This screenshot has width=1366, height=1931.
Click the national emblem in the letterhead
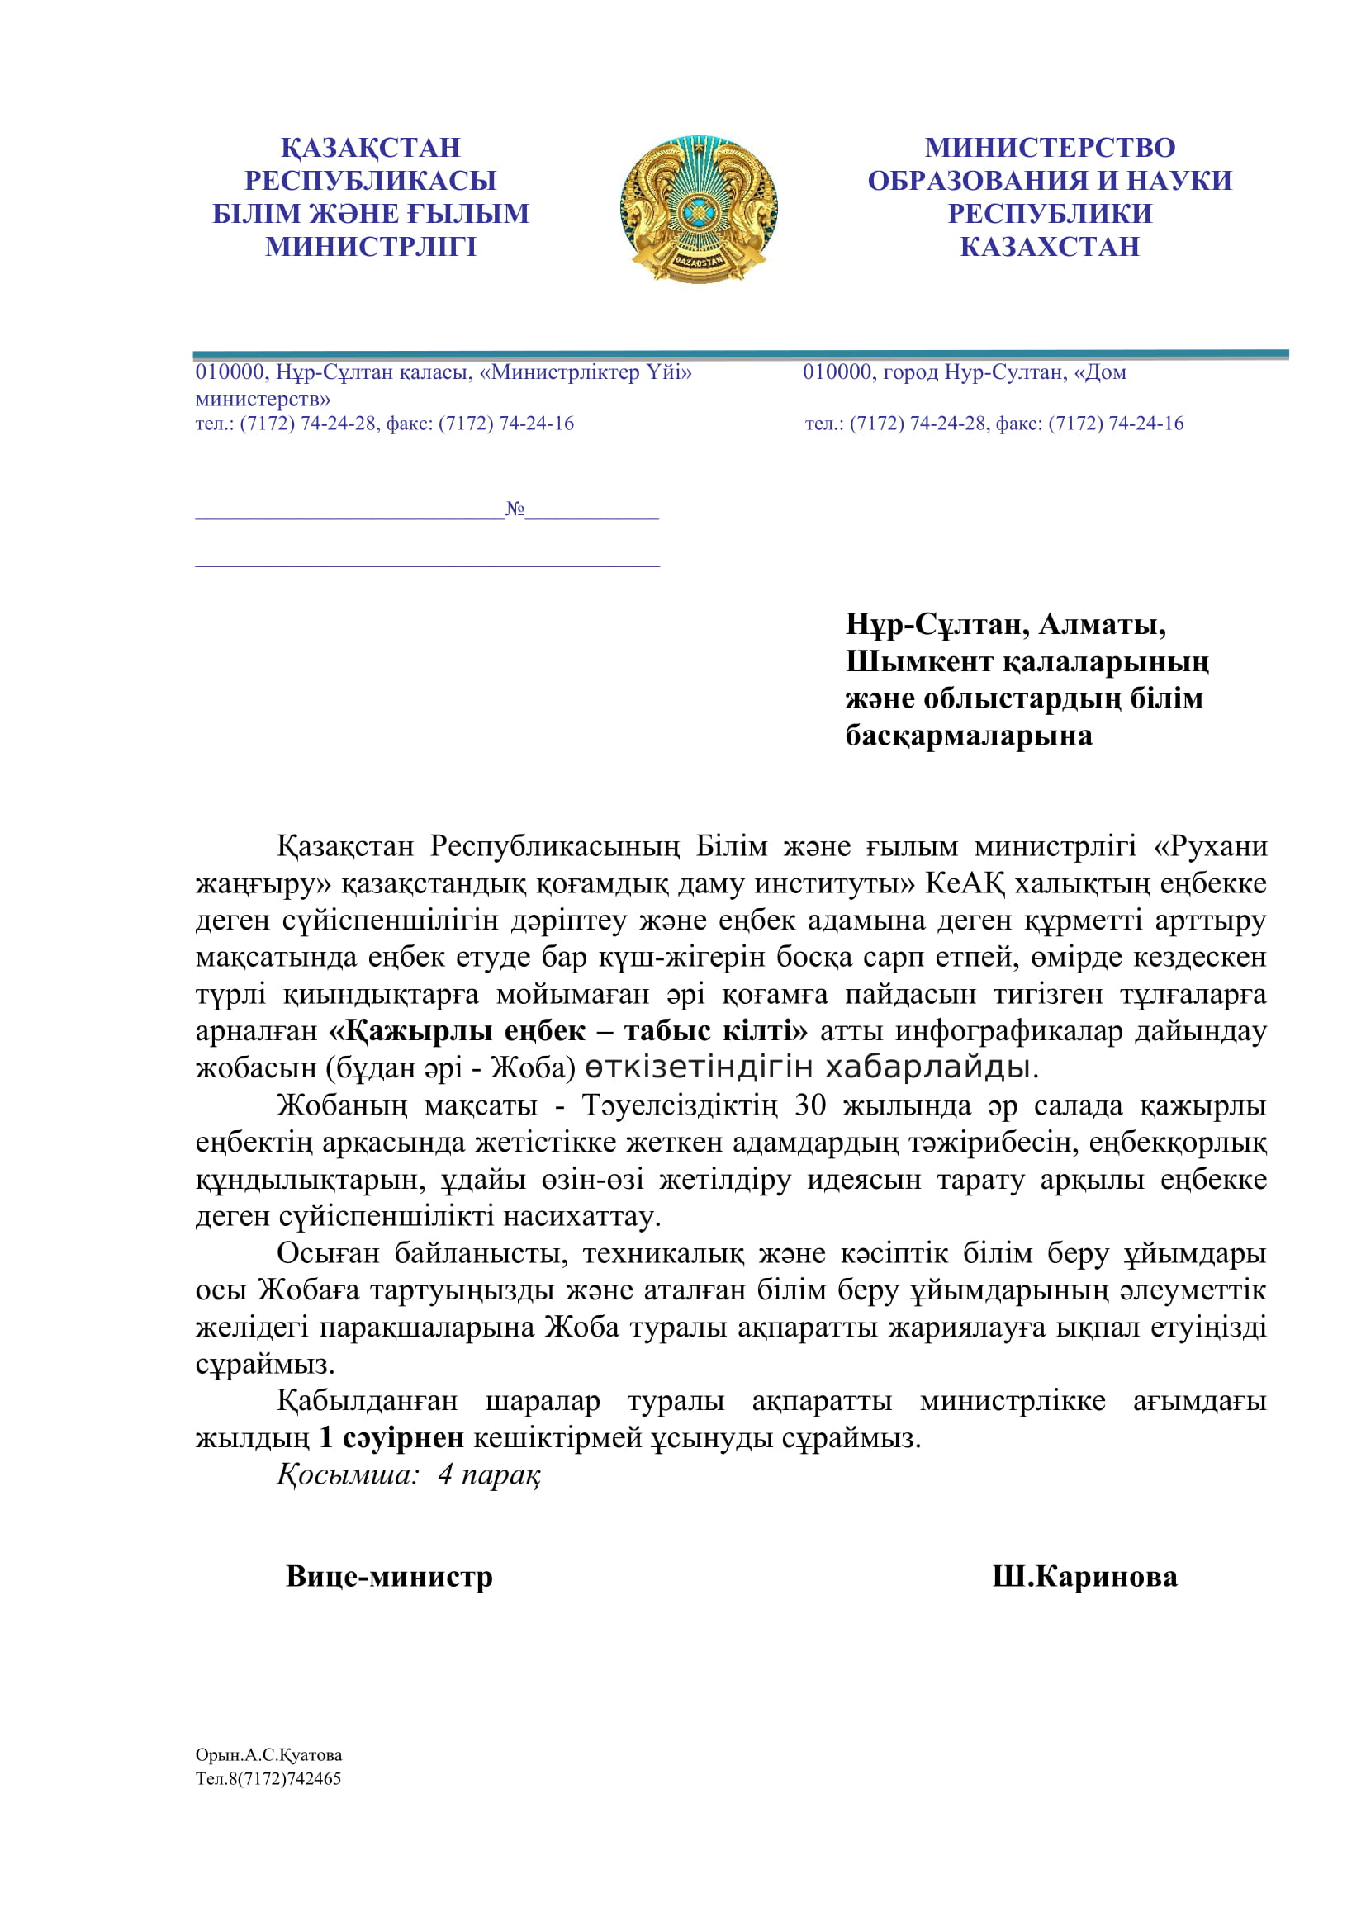pyautogui.click(x=698, y=209)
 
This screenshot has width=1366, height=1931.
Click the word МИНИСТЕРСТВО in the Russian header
pyautogui.click(x=1050, y=148)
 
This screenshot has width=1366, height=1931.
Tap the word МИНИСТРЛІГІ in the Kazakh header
pyautogui.click(x=371, y=248)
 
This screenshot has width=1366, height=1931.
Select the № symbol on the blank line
pyautogui.click(x=515, y=508)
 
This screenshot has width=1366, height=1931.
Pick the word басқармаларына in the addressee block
pyautogui.click(x=968, y=736)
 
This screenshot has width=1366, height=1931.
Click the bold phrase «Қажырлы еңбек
pyautogui.click(x=457, y=1031)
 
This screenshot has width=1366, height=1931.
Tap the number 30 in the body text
pyautogui.click(x=810, y=1105)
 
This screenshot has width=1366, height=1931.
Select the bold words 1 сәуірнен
pyautogui.click(x=391, y=1438)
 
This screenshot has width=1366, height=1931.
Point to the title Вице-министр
pyautogui.click(x=389, y=1576)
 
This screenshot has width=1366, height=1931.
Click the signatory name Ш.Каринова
pyautogui.click(x=1084, y=1576)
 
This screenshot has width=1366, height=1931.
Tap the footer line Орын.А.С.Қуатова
pyautogui.click(x=268, y=1755)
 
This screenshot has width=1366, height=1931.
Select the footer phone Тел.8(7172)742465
pyautogui.click(x=268, y=1778)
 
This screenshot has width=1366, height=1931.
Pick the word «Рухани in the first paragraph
pyautogui.click(x=1211, y=846)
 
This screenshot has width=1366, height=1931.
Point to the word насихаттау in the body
pyautogui.click(x=581, y=1216)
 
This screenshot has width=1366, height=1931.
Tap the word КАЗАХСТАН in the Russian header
pyautogui.click(x=1050, y=248)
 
